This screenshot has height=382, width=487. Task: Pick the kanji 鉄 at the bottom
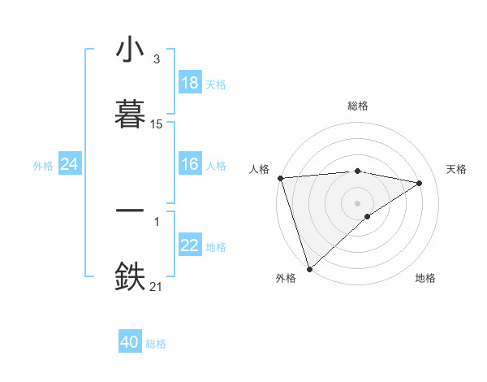point(131,276)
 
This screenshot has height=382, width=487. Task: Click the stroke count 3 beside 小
point(156,59)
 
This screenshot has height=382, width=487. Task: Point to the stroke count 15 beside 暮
point(157,124)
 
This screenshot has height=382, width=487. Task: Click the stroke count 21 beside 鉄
point(157,285)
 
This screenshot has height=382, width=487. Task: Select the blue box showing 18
point(190,83)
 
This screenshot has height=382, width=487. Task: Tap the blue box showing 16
point(190,165)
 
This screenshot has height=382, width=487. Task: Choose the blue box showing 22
point(190,246)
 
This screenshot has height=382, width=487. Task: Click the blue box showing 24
point(70,165)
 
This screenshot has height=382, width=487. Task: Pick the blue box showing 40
point(130,343)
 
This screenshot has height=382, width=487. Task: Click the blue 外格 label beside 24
point(43,166)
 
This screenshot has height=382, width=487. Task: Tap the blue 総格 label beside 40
point(156,344)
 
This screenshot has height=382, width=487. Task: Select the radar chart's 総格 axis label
point(358,106)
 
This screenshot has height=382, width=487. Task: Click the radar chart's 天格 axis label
point(457,169)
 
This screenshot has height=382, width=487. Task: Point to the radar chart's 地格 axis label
point(425,278)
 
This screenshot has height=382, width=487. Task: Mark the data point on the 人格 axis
point(280,178)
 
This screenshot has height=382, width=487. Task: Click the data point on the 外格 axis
point(309,267)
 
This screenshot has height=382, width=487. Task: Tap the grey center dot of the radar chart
point(358,202)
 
